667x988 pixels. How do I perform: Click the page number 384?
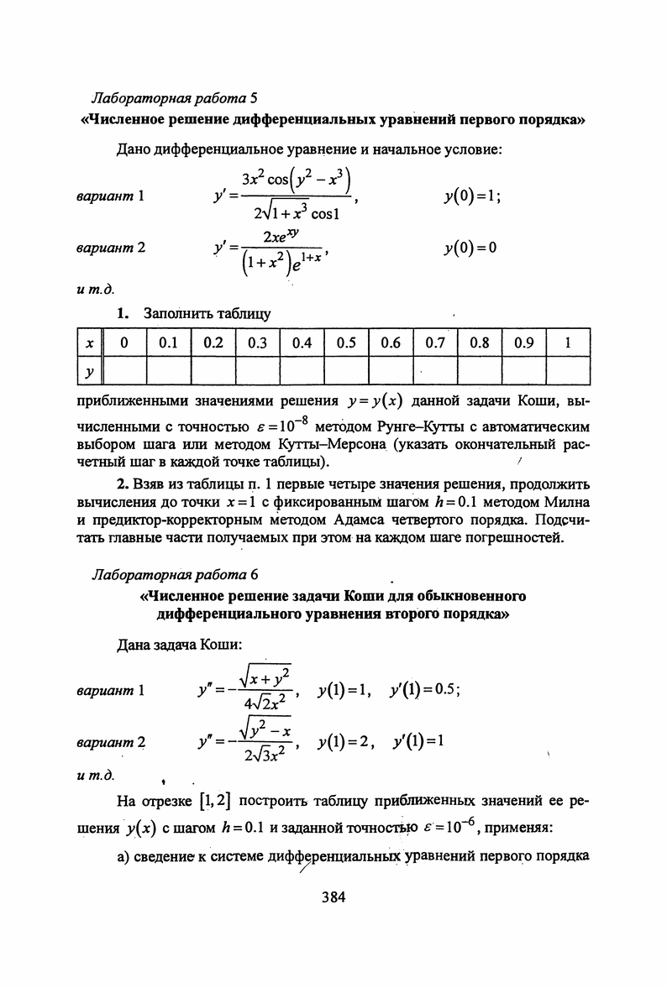333,897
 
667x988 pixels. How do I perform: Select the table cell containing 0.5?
346,343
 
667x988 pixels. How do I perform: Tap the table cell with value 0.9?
523,343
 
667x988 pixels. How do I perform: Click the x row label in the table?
89,343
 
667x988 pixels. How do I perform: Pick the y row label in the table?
89,370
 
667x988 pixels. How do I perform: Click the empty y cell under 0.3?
257,370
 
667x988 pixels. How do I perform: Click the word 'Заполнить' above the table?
176,315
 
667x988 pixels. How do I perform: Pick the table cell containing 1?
568,343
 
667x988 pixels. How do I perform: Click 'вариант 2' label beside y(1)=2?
111,744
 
